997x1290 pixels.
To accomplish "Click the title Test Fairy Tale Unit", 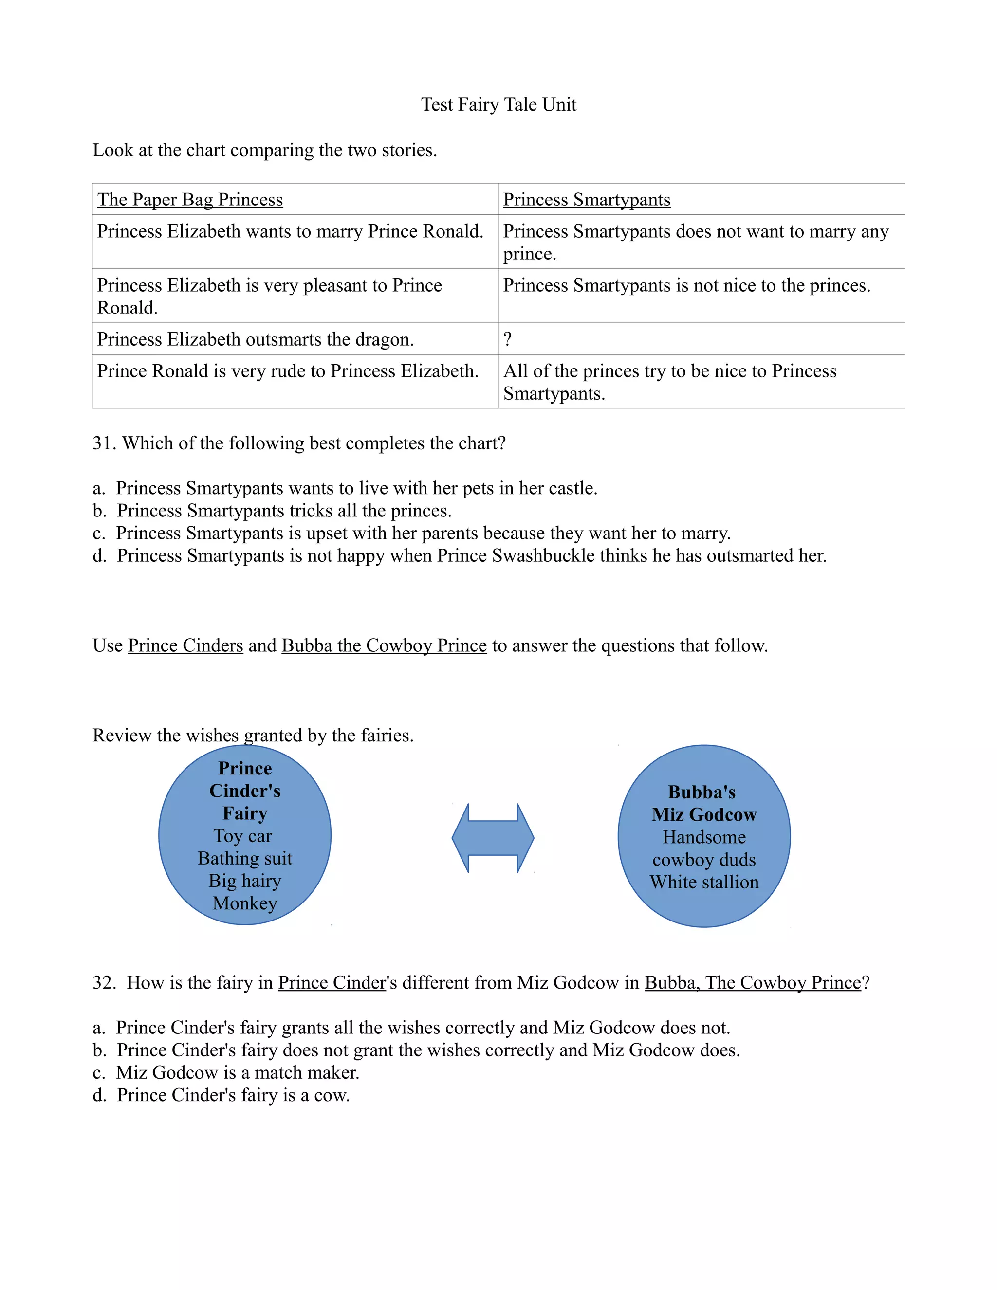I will tap(498, 105).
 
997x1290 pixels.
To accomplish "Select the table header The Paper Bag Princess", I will tap(190, 200).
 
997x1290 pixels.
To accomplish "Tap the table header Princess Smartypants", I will tap(587, 200).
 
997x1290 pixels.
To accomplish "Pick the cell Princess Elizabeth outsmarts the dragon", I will tap(255, 339).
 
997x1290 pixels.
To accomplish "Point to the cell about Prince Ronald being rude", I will tap(288, 371).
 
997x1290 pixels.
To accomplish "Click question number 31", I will tap(105, 443).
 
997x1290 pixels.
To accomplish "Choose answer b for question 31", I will tap(283, 510).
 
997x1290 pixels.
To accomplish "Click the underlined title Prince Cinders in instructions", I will tap(185, 645).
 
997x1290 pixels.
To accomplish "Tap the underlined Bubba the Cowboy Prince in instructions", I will tap(384, 645).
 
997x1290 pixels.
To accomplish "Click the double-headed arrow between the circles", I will tap(493, 838).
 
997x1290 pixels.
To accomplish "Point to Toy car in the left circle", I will tap(243, 836).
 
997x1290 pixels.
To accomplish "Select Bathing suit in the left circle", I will tap(244, 858).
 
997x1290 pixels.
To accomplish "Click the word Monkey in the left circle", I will tap(244, 903).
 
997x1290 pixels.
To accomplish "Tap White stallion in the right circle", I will tap(704, 882).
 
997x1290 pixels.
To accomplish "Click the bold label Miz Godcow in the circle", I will tap(704, 814).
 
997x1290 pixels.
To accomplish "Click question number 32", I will tap(105, 982).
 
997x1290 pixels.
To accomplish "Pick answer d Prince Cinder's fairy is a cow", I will tap(233, 1094).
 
